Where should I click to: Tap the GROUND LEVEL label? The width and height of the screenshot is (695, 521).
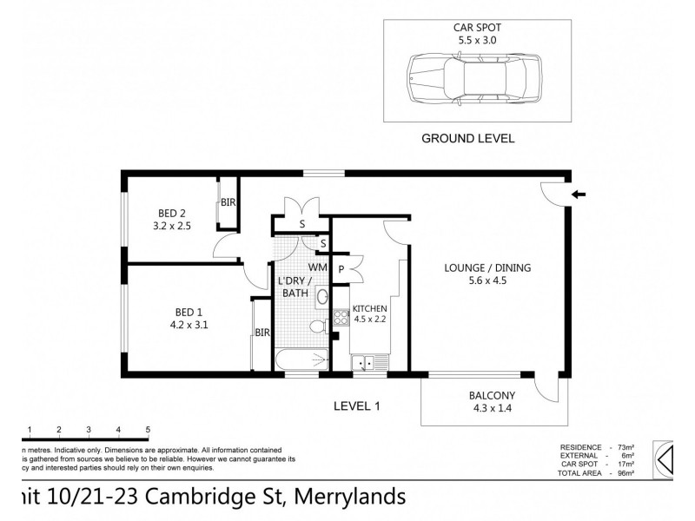point(467,138)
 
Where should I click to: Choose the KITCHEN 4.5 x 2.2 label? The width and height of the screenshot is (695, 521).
point(369,313)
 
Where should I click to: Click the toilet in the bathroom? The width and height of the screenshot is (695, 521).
point(321,326)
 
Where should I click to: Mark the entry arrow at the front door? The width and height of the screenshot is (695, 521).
point(579,195)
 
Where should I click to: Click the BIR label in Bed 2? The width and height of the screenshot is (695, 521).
point(228,202)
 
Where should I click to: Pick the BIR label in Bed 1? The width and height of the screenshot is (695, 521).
point(261,333)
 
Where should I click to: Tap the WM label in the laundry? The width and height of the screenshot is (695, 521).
point(317,267)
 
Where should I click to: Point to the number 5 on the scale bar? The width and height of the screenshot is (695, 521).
point(148,430)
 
